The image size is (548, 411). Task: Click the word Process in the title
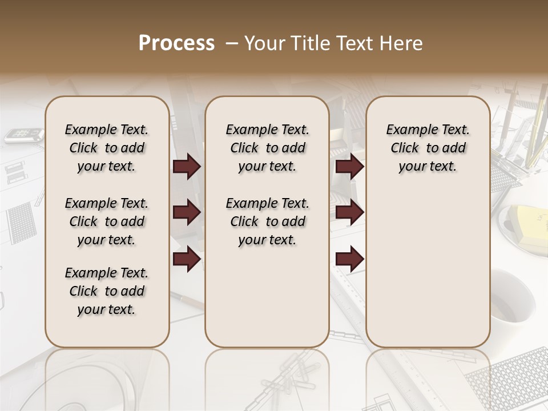coord(176,43)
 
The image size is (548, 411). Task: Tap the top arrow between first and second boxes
coord(187,166)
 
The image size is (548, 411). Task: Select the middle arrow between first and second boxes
coord(187,212)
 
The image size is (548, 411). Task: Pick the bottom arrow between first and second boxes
coord(187,259)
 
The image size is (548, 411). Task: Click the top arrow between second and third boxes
coord(349,166)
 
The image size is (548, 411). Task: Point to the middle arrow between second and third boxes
coord(349,212)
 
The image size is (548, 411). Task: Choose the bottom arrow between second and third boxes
coord(349,259)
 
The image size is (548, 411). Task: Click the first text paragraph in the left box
coord(107,148)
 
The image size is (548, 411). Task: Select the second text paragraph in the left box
coord(107,221)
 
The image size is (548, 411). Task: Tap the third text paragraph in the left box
coord(107,291)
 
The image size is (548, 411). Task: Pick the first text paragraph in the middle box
coord(267,148)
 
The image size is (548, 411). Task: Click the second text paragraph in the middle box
coord(267,221)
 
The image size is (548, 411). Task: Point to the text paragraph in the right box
coord(428,148)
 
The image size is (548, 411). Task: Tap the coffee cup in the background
coord(514,300)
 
